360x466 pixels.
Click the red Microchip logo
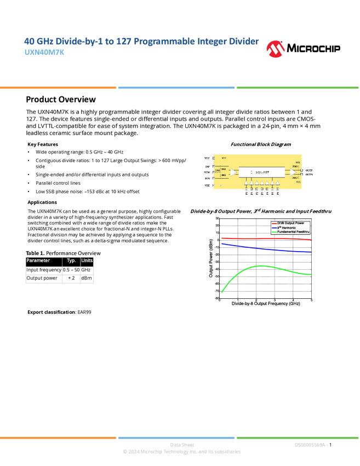click(x=276, y=49)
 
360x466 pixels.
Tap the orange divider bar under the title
click(x=58, y=87)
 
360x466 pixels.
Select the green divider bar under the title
click(x=298, y=87)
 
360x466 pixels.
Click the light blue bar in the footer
click(x=176, y=437)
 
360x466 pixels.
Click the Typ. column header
click(x=71, y=261)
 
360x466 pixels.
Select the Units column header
click(x=87, y=261)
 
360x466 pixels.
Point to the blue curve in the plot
click(x=263, y=248)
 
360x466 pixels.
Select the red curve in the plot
click(x=263, y=239)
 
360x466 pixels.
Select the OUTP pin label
click(x=309, y=170)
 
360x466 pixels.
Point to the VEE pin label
click(x=207, y=185)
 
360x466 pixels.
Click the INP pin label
click(x=207, y=166)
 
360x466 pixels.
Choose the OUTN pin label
click(x=309, y=175)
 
